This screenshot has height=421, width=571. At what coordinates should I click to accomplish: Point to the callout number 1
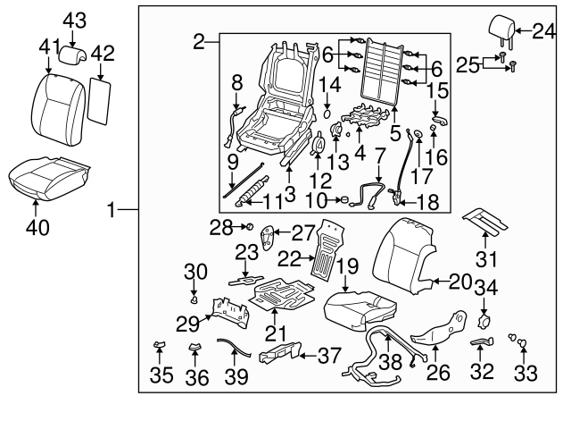tap(113, 212)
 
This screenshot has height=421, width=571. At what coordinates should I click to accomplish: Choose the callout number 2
tap(200, 40)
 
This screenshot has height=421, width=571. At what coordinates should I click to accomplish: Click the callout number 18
tap(428, 203)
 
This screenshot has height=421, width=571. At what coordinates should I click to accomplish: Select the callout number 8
tap(237, 81)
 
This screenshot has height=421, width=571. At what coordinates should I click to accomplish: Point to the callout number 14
tap(330, 85)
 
